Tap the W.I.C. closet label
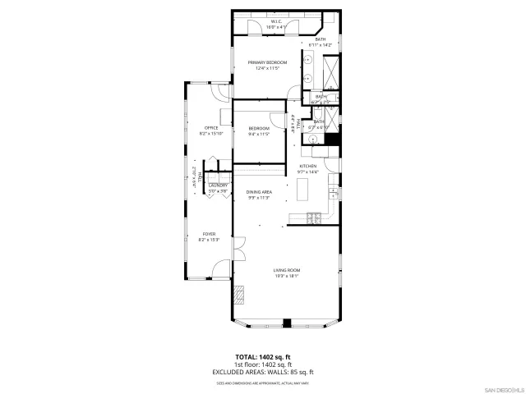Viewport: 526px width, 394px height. pos(275,22)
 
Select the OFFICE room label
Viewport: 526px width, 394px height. pos(211,127)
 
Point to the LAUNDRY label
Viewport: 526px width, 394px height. pos(218,186)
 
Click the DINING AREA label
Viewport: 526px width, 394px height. pos(259,192)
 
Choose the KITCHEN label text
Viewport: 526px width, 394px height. pos(307,166)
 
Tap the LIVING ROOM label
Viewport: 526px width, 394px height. pos(287,270)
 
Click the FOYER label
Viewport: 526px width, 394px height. pos(208,234)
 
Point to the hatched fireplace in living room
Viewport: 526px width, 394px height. pos(240,294)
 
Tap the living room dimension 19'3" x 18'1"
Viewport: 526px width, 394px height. pos(287,276)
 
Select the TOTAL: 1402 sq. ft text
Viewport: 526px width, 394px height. pos(262,358)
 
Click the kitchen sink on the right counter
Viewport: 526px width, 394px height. pos(331,193)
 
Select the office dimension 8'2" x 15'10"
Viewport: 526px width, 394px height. pos(211,133)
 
